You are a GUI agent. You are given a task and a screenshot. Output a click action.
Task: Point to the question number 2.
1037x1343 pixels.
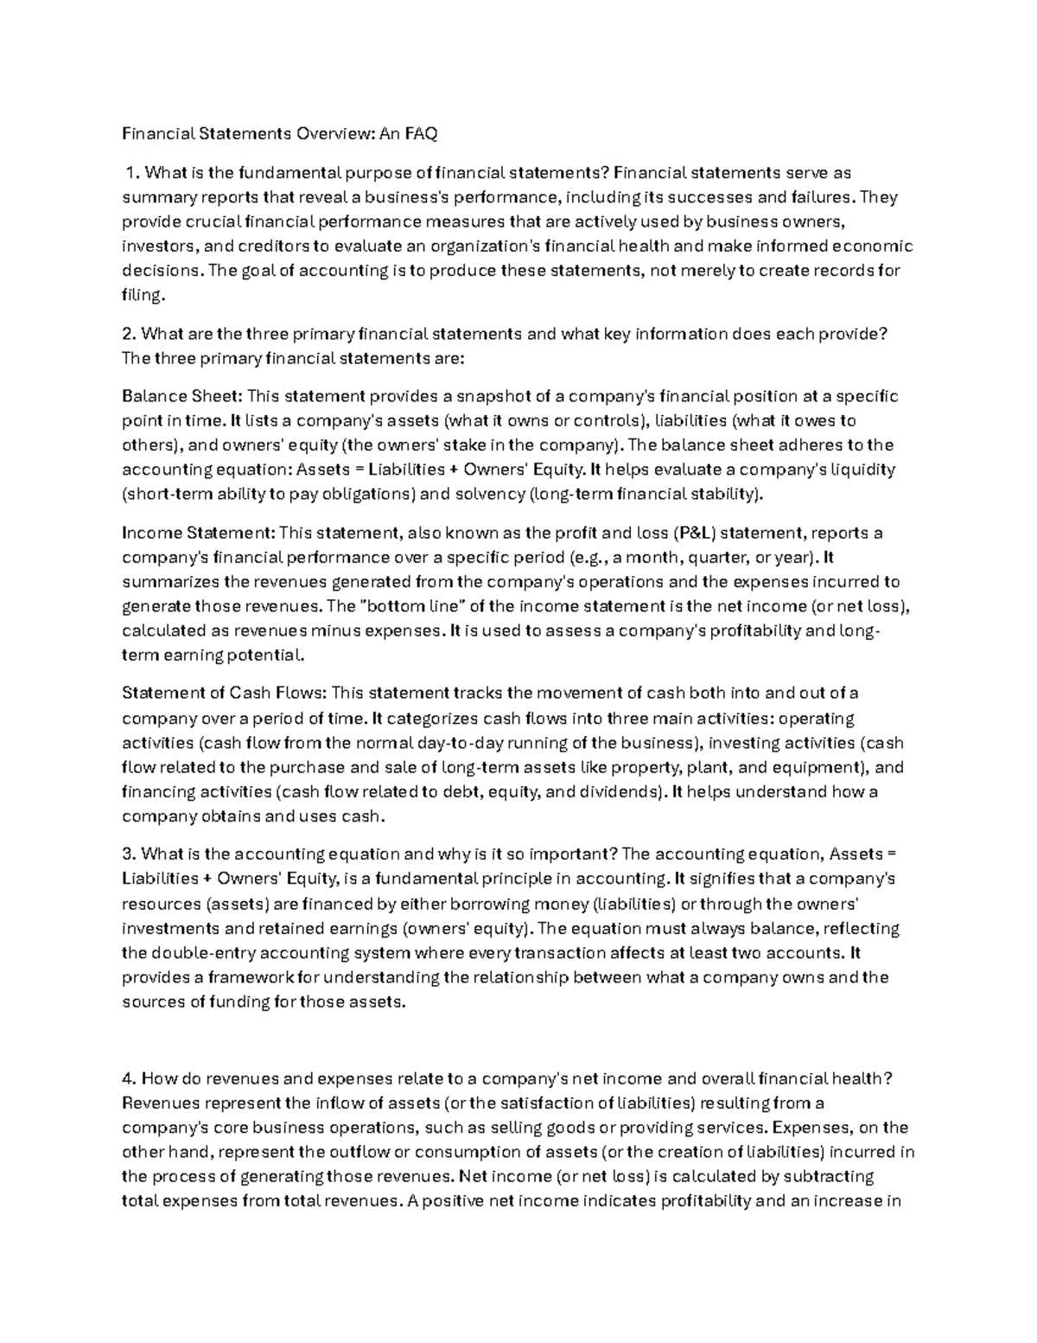click(129, 334)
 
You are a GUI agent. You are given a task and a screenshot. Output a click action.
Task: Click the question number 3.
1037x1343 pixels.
click(129, 854)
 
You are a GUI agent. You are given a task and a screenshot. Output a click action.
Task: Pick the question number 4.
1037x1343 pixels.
click(129, 1078)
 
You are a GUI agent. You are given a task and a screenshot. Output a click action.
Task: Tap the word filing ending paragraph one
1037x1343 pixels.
click(141, 295)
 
